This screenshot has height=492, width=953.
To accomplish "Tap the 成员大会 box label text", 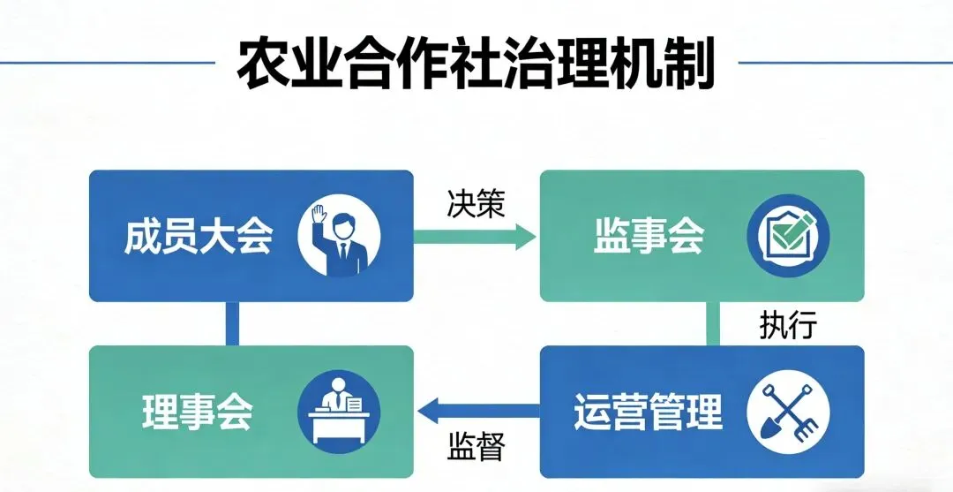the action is pos(198,236).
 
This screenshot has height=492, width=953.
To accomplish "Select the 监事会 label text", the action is pos(648,236).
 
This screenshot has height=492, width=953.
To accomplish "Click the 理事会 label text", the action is pos(198,411).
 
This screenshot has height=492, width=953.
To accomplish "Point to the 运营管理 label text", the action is pos(648,411).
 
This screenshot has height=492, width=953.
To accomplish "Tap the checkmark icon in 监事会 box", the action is pos(788,236).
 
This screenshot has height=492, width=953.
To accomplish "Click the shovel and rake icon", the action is pos(788,411).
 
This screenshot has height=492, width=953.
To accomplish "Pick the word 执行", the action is pos(788,325).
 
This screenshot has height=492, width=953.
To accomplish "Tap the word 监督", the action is pos(476,445).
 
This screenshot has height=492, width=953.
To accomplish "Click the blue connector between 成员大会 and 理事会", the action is pos(232,323).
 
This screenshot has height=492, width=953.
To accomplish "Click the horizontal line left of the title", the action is pos(106,63).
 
